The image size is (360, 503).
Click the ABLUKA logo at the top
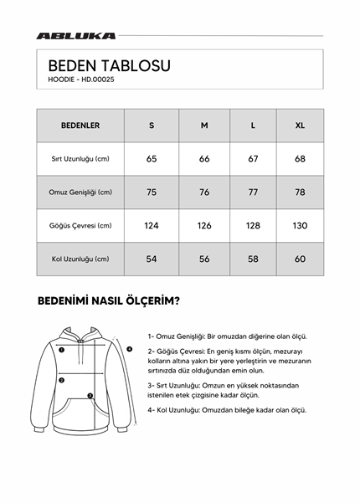pos(76,36)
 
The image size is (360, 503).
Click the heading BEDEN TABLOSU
pos(110,65)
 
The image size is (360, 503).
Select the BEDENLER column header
pos(80,126)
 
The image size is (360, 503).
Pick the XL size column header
pos(300,126)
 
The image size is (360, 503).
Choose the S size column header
pos(152,126)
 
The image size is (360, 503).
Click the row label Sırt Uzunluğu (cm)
pos(80,159)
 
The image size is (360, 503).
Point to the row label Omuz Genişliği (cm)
pos(80,192)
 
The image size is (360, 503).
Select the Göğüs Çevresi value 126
pos(204,226)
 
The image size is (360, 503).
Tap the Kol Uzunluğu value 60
pos(300,259)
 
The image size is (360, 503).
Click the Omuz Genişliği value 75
pos(152,192)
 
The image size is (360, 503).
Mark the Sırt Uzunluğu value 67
pos(254,159)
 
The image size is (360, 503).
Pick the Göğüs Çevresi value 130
pos(300,226)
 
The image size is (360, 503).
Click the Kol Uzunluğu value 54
pos(152,259)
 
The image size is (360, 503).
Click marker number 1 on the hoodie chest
pos(62,351)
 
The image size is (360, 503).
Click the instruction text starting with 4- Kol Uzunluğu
pos(226,410)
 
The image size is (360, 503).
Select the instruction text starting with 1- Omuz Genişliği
pos(226,334)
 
